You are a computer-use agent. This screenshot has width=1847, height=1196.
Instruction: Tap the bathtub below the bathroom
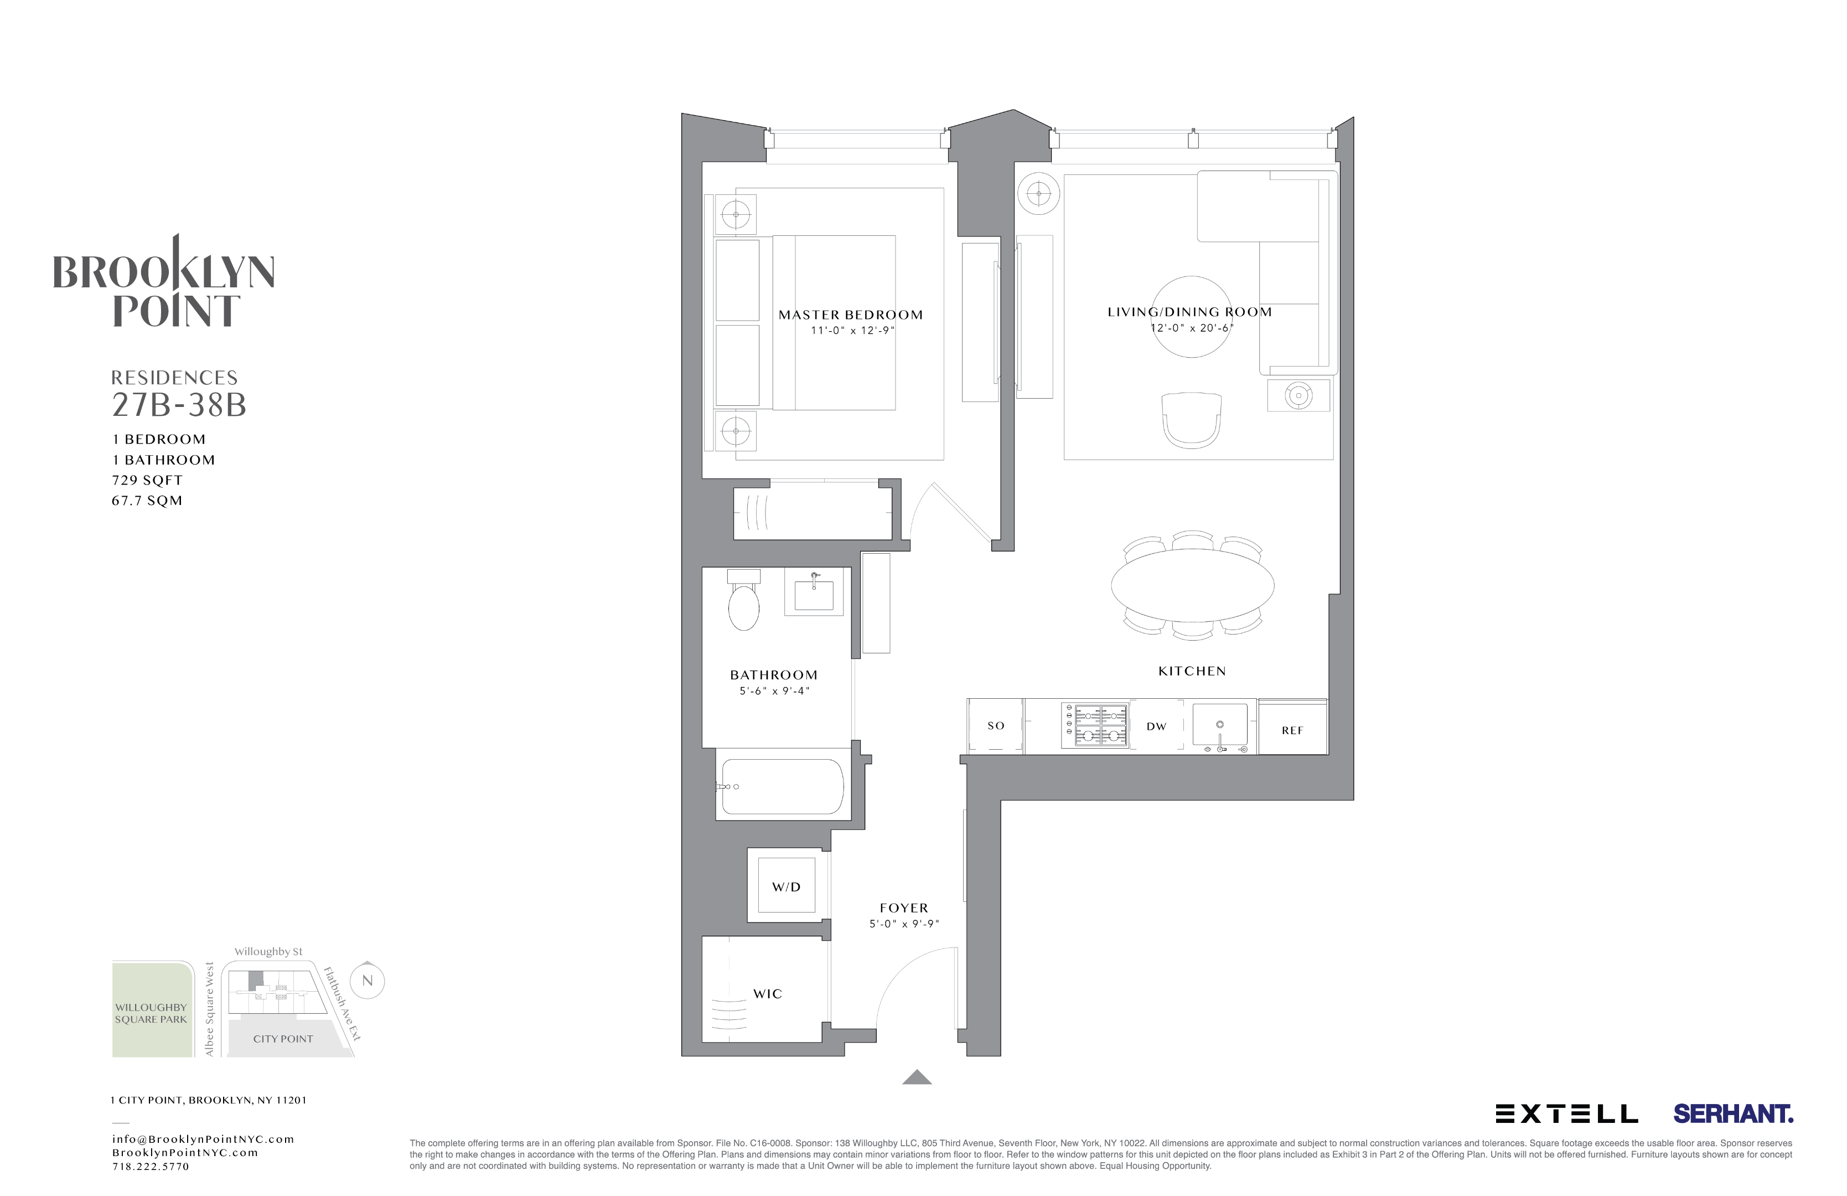pos(782,786)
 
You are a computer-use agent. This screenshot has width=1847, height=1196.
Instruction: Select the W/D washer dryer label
pos(785,887)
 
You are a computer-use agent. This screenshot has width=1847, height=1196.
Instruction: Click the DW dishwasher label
pos(1156,726)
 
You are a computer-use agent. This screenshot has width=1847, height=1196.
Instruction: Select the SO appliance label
pos(996,726)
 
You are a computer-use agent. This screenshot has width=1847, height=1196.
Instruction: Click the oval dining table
pos(1192,586)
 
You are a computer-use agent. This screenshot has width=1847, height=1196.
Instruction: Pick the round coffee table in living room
pos(1191,317)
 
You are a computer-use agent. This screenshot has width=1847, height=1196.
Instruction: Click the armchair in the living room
pos(1191,419)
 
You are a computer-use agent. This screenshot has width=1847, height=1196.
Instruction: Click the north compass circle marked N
pos(367,980)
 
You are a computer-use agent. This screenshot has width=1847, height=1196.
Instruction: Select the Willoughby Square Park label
pos(151,1013)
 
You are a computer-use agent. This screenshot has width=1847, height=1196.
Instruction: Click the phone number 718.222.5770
pos(151,1167)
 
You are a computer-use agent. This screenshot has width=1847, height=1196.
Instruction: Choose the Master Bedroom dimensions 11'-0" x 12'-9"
pos(851,331)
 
